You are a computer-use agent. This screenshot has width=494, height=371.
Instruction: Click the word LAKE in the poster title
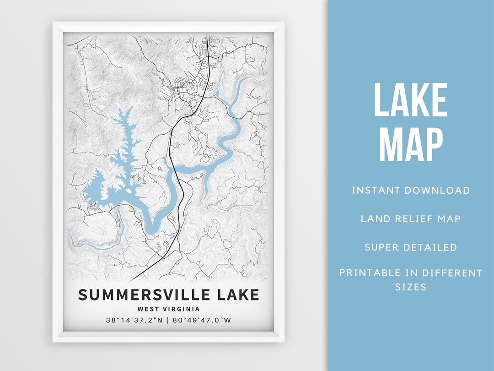(237, 295)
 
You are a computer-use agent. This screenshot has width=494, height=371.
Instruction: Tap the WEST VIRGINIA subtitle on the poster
(169, 309)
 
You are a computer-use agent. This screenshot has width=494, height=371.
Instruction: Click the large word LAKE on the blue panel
(411, 100)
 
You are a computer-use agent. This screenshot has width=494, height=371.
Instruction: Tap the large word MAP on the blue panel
(411, 145)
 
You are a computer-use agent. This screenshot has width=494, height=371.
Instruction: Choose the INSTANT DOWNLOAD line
(411, 191)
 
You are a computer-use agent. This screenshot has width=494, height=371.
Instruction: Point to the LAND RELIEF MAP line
(411, 219)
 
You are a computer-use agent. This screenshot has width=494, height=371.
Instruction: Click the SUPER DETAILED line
(411, 247)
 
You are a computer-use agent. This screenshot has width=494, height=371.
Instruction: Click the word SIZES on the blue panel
(411, 287)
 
